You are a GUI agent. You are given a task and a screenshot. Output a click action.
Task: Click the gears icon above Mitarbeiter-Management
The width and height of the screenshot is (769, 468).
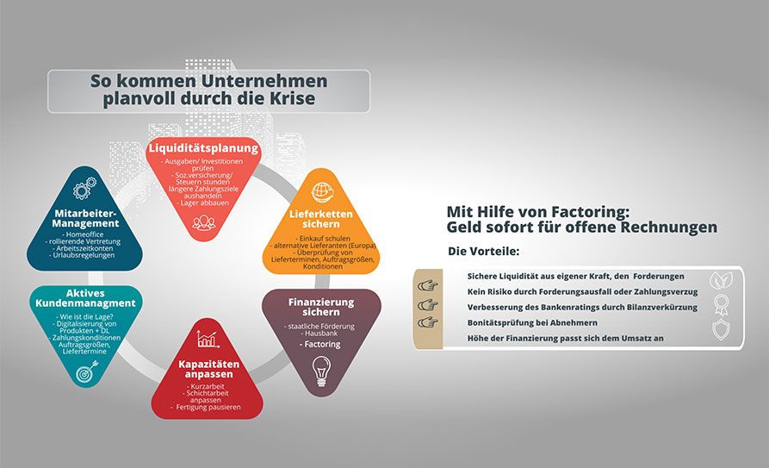click(84, 190)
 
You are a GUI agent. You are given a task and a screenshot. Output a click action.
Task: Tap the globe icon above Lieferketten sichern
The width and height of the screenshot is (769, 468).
click(323, 190)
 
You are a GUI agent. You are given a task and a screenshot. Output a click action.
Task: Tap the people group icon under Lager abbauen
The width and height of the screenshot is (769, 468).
click(203, 223)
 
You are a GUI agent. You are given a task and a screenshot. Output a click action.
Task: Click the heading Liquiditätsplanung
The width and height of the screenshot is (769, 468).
click(203, 148)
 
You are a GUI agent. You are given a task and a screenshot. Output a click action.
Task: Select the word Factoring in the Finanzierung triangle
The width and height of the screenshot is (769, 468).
click(320, 344)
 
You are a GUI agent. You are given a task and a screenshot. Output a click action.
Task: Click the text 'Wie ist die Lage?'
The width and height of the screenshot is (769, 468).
click(84, 319)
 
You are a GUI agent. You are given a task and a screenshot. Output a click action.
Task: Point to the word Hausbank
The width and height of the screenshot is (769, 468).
click(320, 333)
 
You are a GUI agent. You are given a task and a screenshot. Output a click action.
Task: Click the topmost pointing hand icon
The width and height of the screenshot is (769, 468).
click(427, 284)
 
